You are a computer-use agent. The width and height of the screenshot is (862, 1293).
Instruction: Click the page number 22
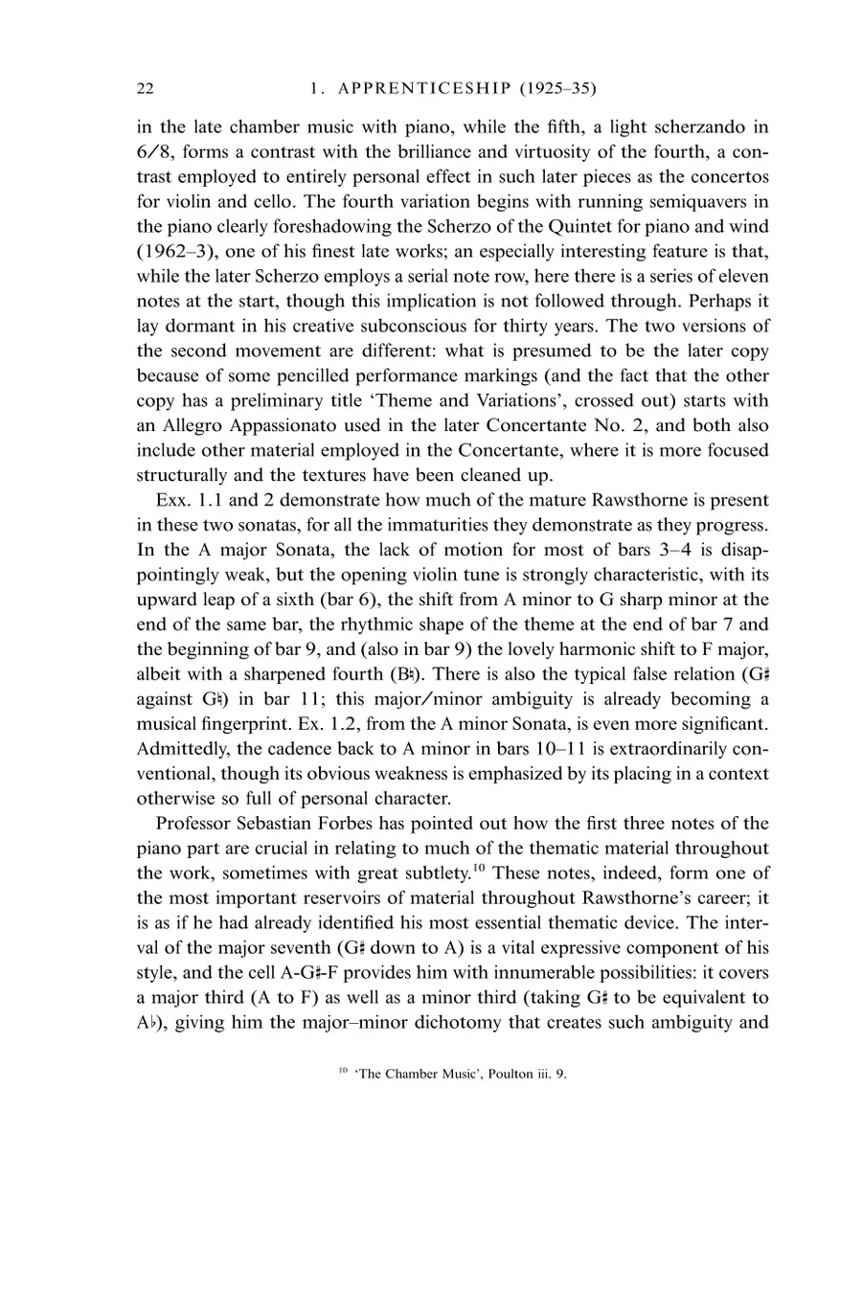(x=145, y=89)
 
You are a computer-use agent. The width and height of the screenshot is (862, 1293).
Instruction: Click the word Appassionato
(x=269, y=425)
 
